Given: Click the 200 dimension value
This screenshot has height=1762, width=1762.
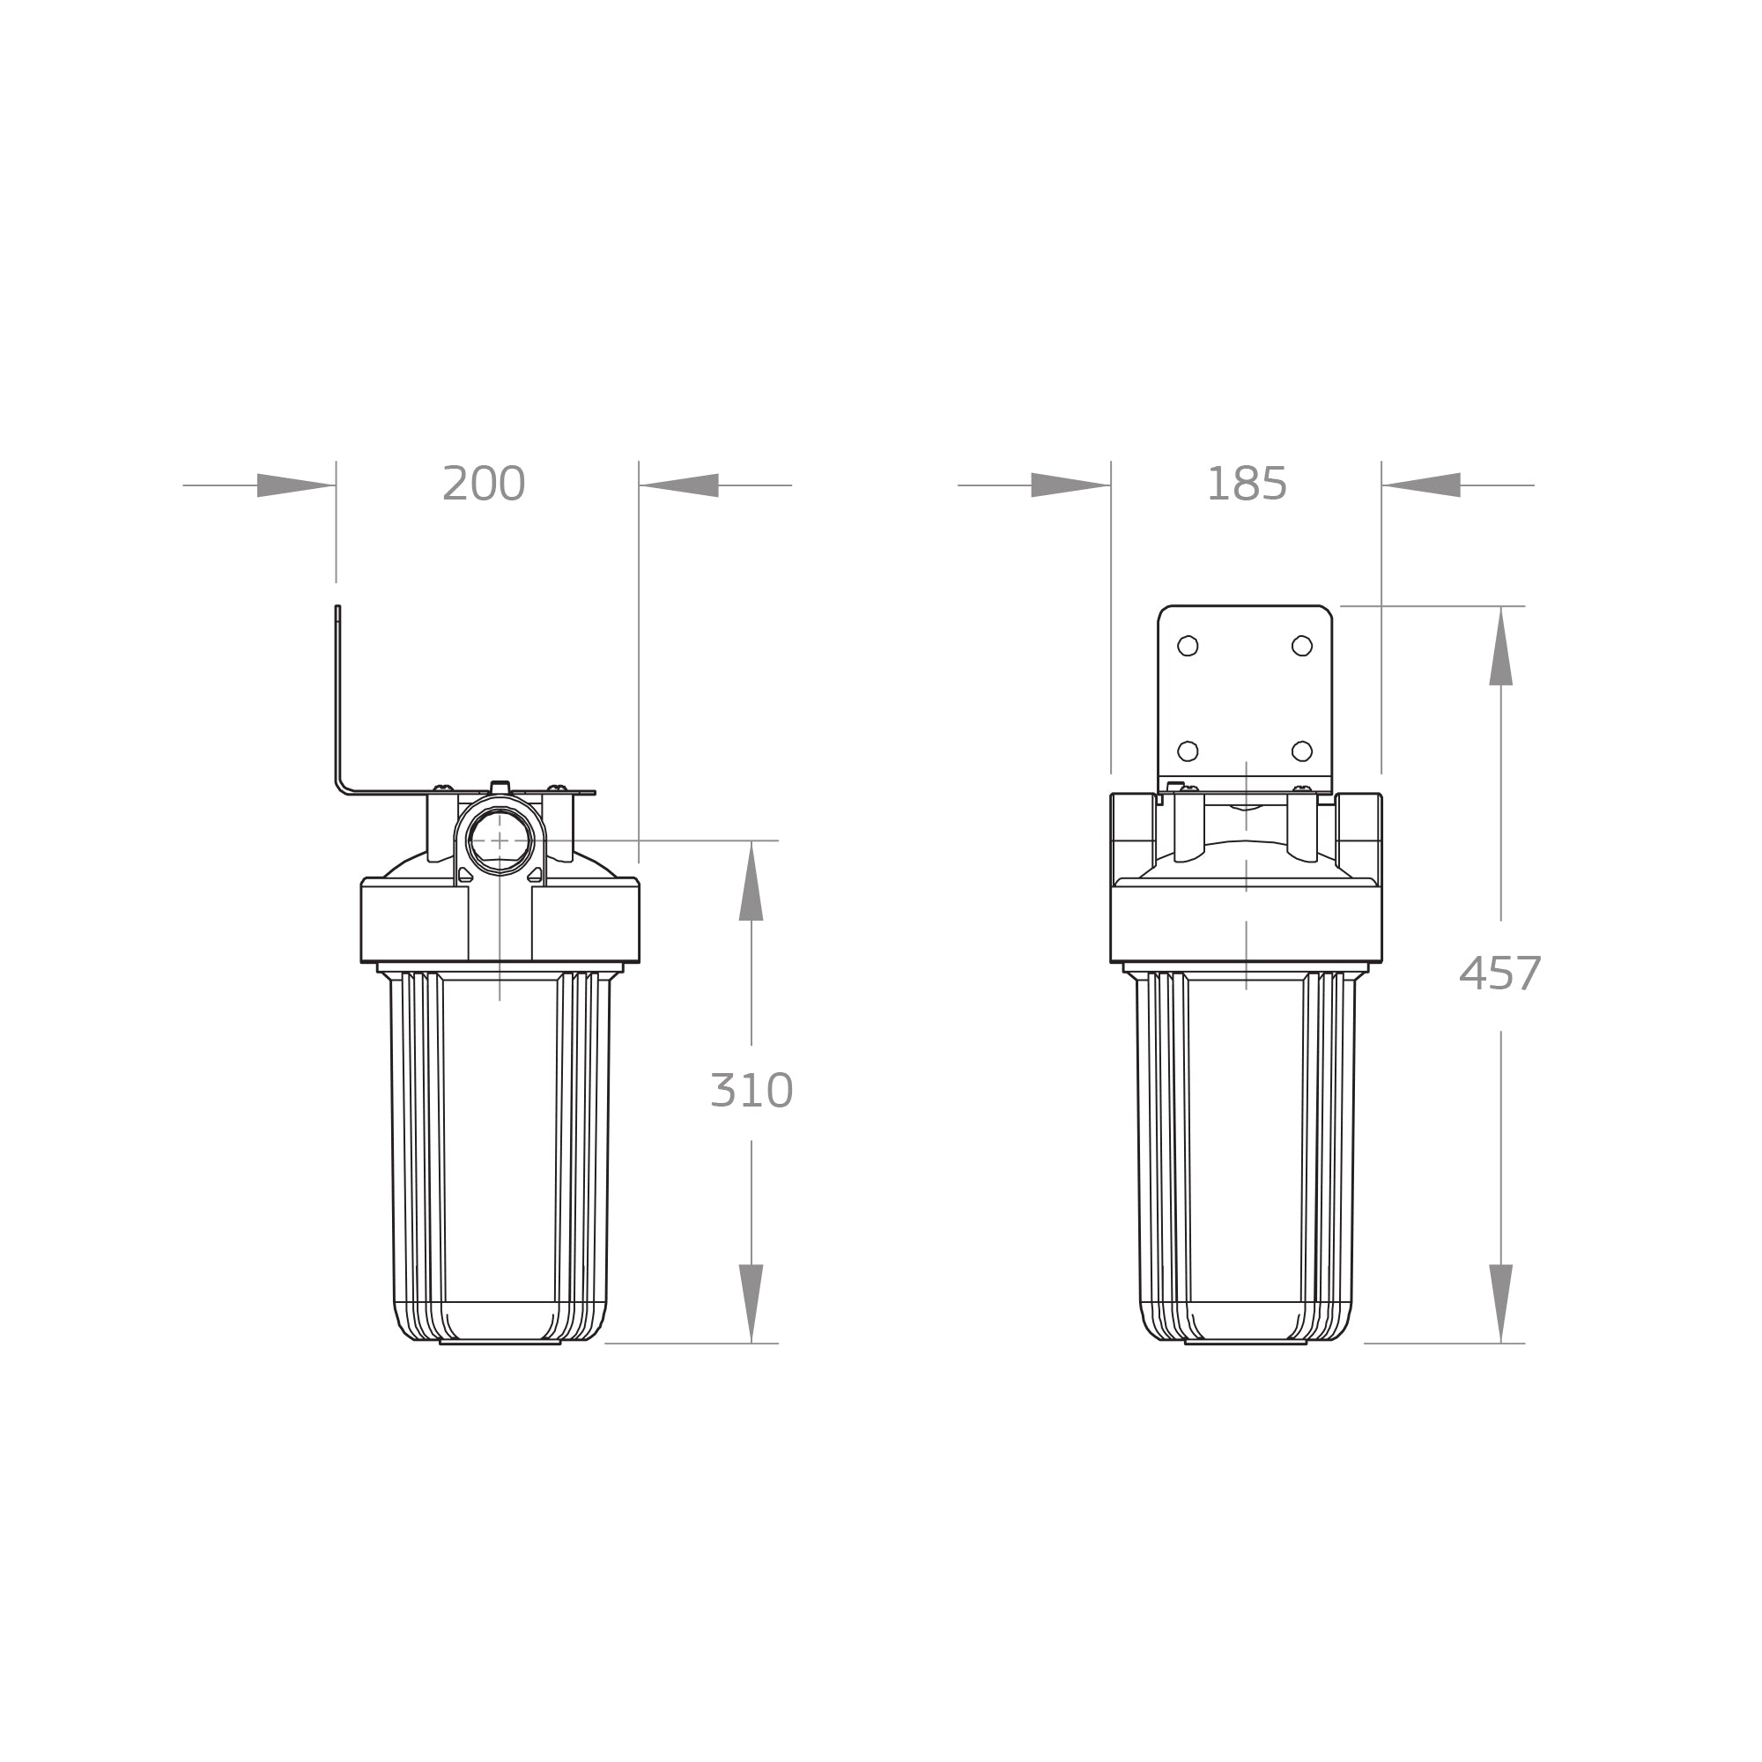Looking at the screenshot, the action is (484, 484).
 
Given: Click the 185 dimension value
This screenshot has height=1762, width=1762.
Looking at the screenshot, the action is (1247, 484).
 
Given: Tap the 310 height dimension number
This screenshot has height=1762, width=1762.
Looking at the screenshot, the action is (751, 1091).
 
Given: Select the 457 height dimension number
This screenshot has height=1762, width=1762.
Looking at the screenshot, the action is (1500, 974).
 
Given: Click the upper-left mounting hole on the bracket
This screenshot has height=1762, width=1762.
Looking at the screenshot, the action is (1188, 646).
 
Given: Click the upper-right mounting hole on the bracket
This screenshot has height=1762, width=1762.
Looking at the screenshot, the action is (1302, 646).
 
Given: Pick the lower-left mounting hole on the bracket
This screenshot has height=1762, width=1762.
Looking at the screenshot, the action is (1188, 751).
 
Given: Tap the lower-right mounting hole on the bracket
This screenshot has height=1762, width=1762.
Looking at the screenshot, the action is (1302, 751).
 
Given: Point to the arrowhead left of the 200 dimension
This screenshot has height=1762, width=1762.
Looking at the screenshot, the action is (296, 485).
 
